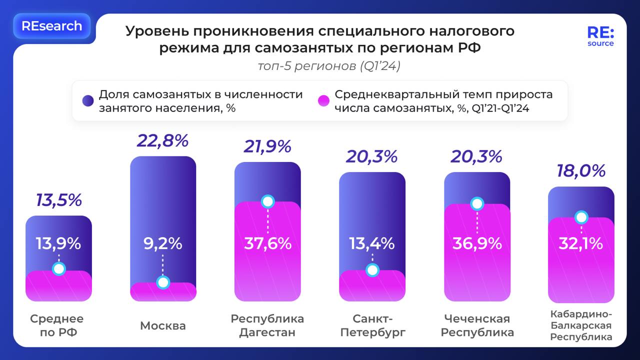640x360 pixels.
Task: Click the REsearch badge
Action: tap(51, 26)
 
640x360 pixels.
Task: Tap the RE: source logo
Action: tap(600, 36)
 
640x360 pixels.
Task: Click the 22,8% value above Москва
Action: tap(163, 141)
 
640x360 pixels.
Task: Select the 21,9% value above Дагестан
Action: tap(267, 146)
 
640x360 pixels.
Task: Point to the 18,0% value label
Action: tap(581, 171)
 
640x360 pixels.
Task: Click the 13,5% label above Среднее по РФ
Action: tap(59, 200)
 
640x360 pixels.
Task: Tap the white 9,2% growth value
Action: tap(163, 243)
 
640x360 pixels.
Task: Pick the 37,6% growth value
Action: tap(267, 243)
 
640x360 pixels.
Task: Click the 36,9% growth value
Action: tap(477, 243)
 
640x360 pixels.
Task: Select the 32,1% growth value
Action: tap(581, 243)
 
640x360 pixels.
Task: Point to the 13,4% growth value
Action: tap(372, 243)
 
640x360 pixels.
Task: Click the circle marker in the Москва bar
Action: tap(163, 283)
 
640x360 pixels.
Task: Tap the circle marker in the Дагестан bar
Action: tap(267, 201)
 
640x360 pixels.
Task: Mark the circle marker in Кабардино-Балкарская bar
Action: tap(581, 217)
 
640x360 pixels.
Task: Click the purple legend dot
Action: tap(88, 101)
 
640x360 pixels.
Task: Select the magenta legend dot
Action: tap(323, 101)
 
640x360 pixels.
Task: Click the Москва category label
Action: tap(163, 325)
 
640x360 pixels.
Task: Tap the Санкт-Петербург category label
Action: tap(372, 325)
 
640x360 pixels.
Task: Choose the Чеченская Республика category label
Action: tap(477, 325)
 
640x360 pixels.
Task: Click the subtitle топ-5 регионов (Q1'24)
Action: tap(329, 66)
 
